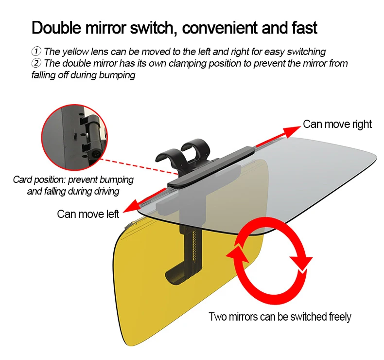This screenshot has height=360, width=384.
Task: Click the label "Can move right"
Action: [x=337, y=124]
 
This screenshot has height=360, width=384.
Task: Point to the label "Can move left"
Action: [x=88, y=214]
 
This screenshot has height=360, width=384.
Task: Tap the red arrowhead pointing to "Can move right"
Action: [x=292, y=130]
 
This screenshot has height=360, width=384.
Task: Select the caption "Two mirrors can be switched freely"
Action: [x=279, y=317]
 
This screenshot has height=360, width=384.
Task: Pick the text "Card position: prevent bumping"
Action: [x=73, y=180]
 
